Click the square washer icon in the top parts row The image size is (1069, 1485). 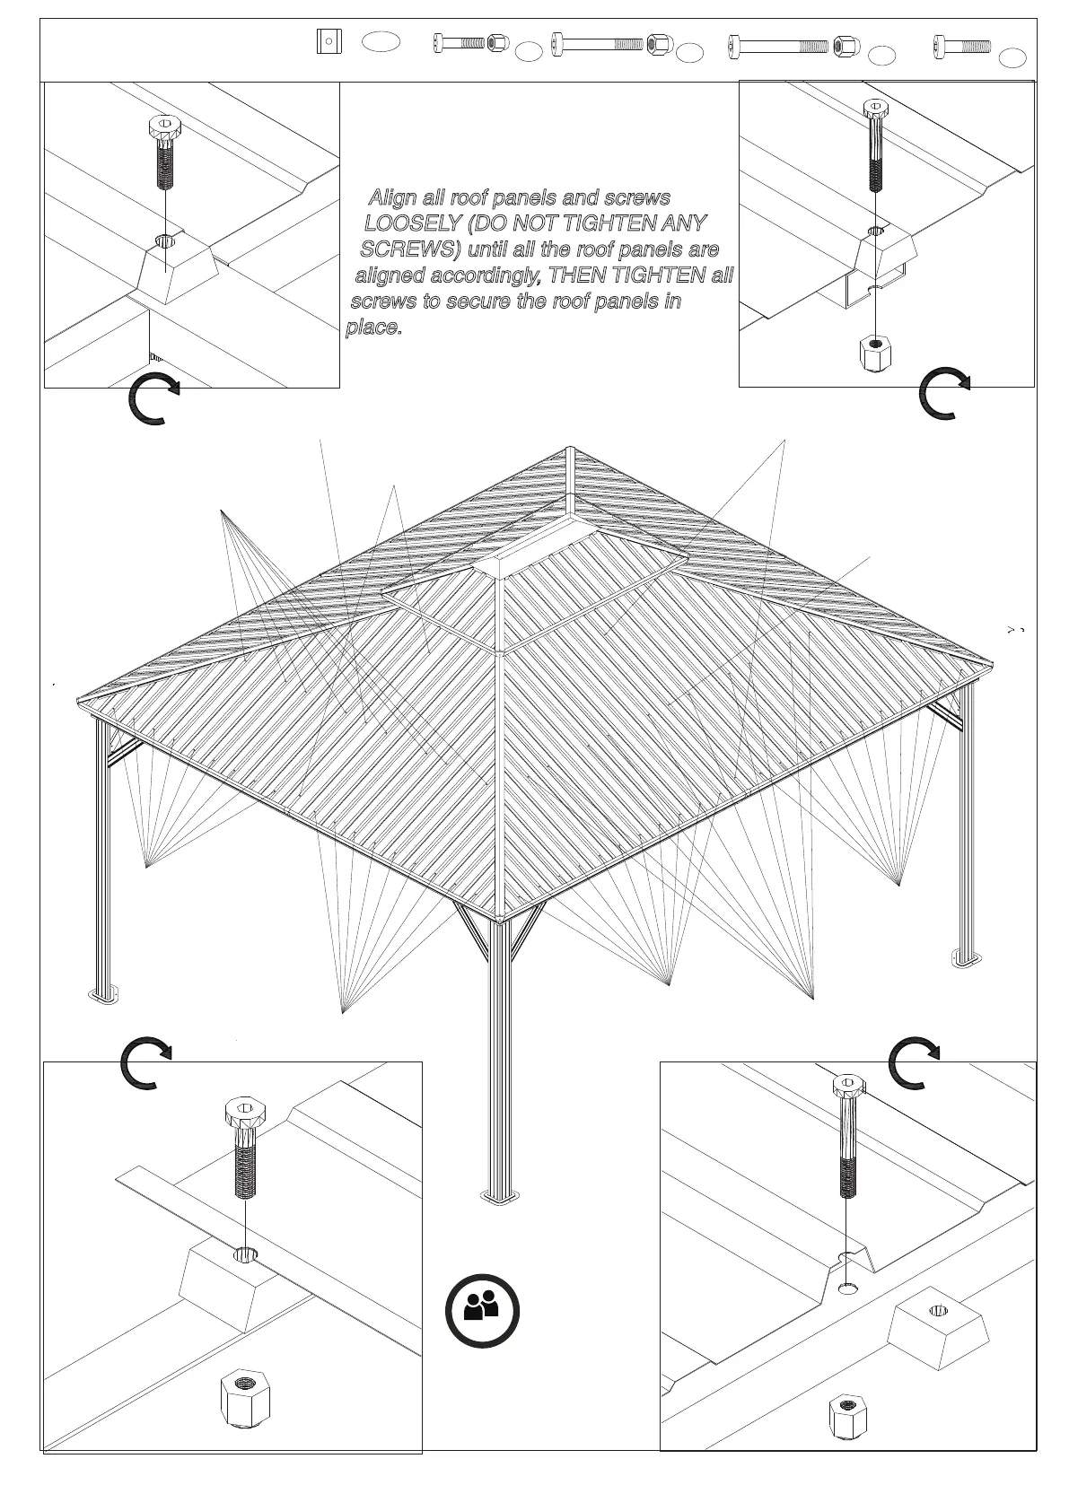[329, 41]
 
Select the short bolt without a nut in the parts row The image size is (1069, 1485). [961, 45]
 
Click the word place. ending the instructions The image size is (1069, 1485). [373, 327]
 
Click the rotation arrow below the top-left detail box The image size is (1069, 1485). [153, 399]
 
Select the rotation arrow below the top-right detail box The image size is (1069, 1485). [944, 393]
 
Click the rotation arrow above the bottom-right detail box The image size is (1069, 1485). [913, 1062]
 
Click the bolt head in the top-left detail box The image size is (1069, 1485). [164, 127]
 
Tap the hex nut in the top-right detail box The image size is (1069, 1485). [876, 353]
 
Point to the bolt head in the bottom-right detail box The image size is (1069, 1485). [848, 1086]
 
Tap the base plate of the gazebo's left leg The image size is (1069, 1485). [103, 995]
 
